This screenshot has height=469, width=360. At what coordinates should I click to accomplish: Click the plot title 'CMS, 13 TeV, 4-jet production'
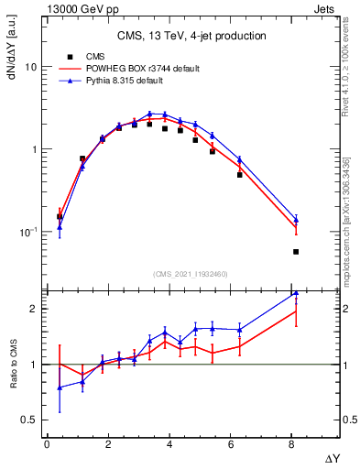(x=192, y=37)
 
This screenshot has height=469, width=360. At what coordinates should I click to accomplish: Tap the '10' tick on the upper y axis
(x=30, y=68)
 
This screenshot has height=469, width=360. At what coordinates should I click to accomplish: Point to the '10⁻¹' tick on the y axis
(x=27, y=232)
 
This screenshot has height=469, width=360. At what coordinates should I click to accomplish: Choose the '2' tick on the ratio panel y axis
(x=33, y=309)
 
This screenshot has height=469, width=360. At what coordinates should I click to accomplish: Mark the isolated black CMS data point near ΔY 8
(x=296, y=252)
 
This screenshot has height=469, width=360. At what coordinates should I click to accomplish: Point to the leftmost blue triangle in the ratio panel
(x=60, y=387)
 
